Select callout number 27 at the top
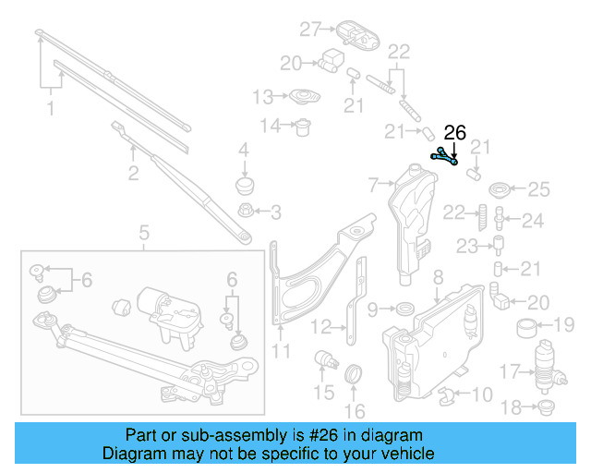pyautogui.click(x=308, y=29)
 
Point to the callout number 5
pyautogui.click(x=144, y=232)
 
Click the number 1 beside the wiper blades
pyautogui.click(x=51, y=109)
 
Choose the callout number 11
pyautogui.click(x=281, y=350)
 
